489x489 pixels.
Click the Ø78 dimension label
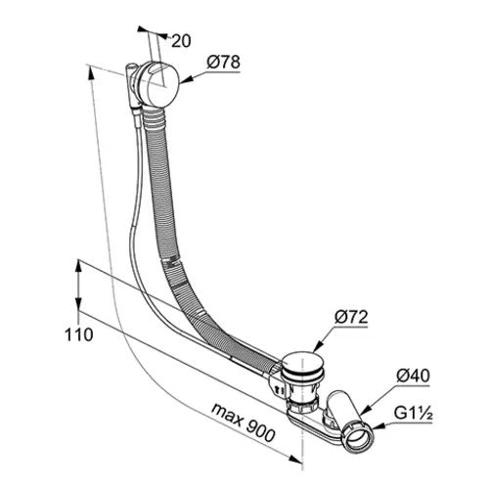coord(224,63)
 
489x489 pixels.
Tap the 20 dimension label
coord(181,41)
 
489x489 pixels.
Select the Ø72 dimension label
coord(351,317)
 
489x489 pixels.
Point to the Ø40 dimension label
coord(413,377)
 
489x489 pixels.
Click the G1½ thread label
coord(414,413)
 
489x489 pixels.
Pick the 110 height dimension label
coord(79,334)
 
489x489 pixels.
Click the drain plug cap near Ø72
coord(303,363)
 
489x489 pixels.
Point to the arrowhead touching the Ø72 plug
coord(317,347)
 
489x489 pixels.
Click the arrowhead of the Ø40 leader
coord(364,411)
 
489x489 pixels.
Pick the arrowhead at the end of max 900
coord(296,459)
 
